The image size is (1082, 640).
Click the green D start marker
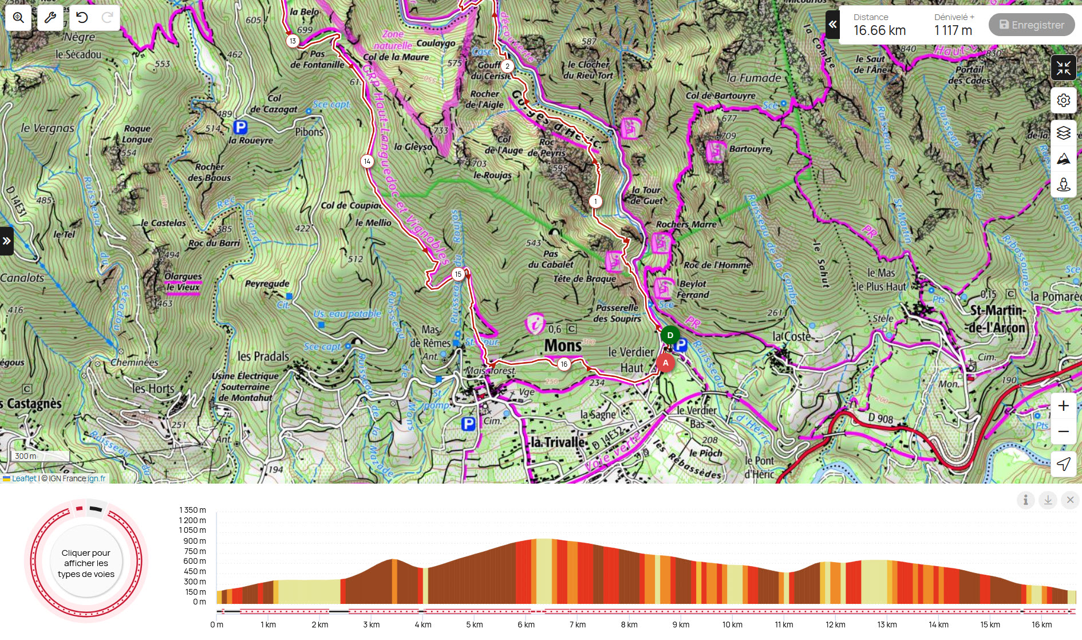tap(670, 335)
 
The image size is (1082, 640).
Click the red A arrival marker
tap(665, 363)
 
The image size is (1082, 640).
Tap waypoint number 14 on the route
tap(367, 161)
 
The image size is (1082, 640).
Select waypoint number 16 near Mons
tap(564, 364)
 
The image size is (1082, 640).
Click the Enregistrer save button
tap(1031, 25)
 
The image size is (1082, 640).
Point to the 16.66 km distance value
tap(879, 30)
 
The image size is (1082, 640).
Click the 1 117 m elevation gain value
tap(953, 30)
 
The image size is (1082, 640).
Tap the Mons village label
tap(563, 345)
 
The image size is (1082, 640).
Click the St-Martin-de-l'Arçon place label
tap(998, 319)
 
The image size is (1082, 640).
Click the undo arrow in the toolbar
tap(82, 18)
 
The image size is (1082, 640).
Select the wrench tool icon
tap(50, 18)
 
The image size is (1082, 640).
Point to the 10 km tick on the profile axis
tap(732, 625)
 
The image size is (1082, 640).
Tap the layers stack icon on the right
tap(1063, 133)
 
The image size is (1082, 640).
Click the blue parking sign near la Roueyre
tap(240, 127)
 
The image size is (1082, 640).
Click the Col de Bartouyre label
tap(720, 96)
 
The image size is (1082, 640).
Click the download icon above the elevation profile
tap(1048, 500)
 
